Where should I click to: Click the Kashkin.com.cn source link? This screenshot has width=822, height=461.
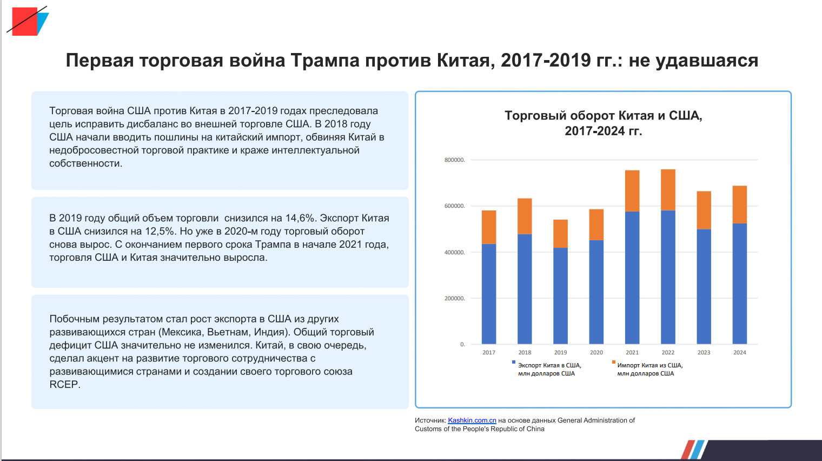click(472, 420)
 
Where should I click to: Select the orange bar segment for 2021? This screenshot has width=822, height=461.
click(632, 191)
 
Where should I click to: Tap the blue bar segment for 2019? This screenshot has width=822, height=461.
click(560, 295)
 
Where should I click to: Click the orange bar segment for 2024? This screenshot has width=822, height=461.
click(739, 205)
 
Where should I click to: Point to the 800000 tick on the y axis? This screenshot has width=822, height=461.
click(454, 160)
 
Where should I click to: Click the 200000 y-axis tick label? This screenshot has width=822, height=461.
click(454, 299)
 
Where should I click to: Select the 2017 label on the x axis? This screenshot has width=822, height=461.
click(489, 352)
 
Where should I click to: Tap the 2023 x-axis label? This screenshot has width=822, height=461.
click(704, 352)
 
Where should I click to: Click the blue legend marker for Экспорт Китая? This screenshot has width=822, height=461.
click(514, 362)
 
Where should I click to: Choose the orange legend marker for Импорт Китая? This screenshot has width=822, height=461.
click(614, 362)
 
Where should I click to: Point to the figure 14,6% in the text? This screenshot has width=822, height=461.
click(300, 218)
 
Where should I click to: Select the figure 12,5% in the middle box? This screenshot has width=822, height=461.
click(160, 231)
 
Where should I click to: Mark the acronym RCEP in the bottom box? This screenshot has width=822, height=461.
click(64, 384)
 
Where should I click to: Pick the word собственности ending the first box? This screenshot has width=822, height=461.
click(85, 163)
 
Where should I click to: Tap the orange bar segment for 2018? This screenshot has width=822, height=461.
click(525, 216)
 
